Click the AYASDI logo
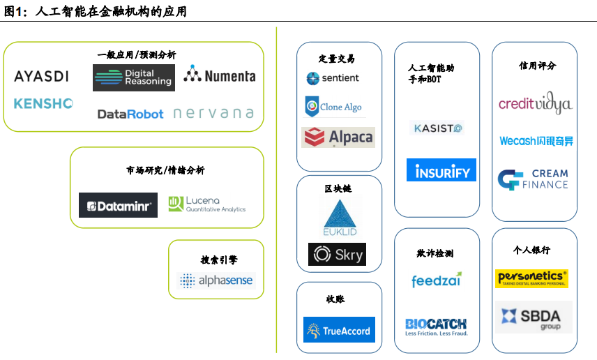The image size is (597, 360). point(41,76)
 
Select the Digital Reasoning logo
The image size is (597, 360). point(133,77)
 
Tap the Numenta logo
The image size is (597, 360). point(219,75)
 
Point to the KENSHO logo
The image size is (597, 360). point(43,103)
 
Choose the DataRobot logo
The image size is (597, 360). point(130,114)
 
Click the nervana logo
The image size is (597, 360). point(213,113)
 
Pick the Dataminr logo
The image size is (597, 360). point(118,205)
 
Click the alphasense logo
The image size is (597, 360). point(216,280)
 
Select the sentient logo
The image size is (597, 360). point(332,78)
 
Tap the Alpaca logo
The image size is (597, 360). point(338,137)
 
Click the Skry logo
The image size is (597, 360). point(337,255)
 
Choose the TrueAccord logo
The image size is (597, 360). point(339,330)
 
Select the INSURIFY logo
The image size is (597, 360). point(441,170)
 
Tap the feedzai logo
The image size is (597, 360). point(436,280)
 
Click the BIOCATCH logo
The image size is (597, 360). point(436,326)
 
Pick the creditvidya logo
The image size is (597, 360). point(535,104)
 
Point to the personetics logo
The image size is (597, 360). point(531,278)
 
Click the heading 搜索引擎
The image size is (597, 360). point(219,260)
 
